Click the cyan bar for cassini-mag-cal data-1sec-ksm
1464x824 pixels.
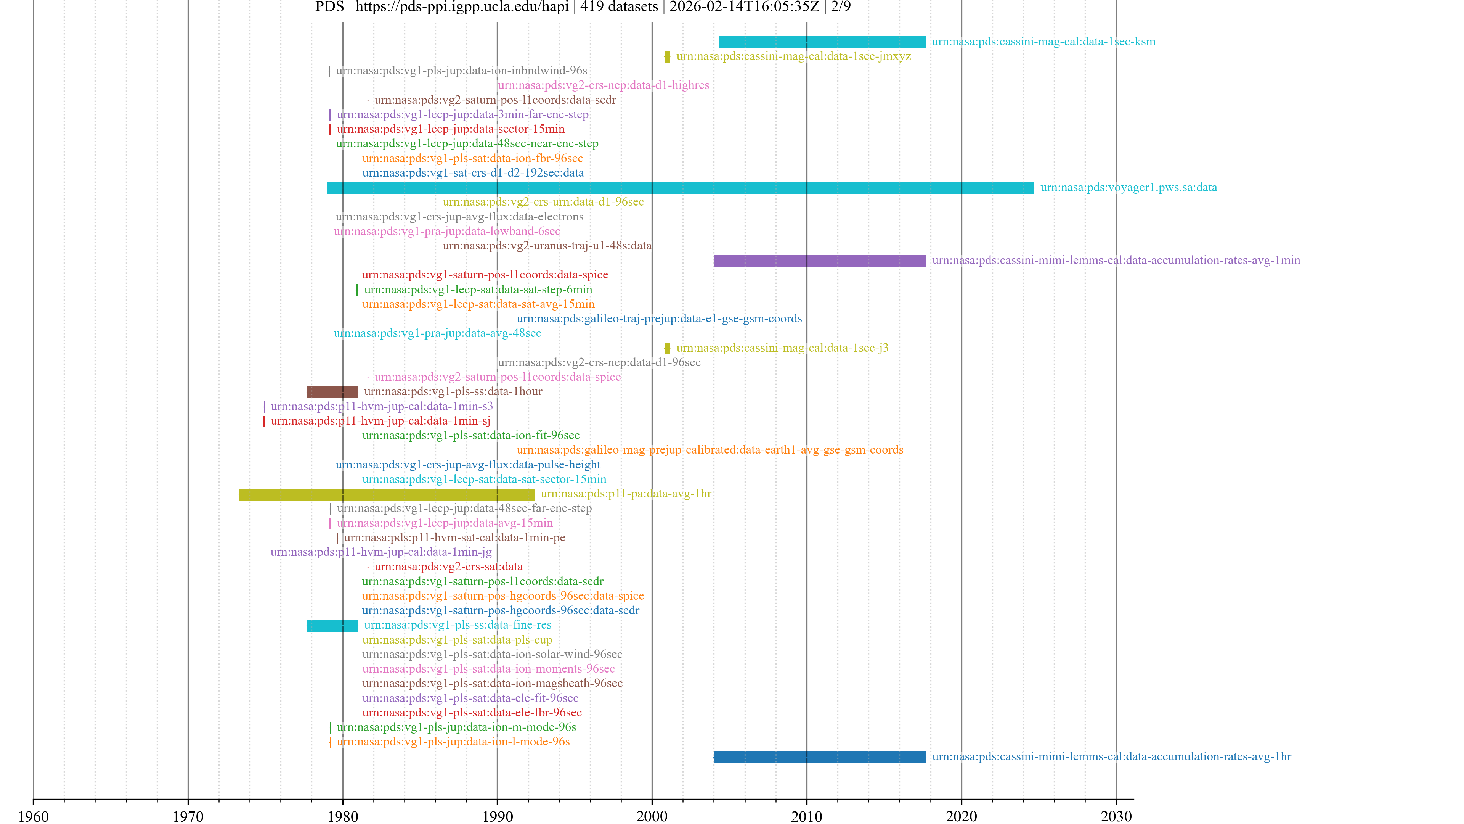(x=822, y=42)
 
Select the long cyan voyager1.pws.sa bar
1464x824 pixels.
(x=680, y=188)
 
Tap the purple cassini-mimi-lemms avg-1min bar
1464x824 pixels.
(x=820, y=261)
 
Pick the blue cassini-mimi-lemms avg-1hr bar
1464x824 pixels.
(x=820, y=757)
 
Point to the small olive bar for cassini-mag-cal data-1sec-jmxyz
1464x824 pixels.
(x=667, y=57)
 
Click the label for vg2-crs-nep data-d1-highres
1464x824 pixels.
(x=604, y=85)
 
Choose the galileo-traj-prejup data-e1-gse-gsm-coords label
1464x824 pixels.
(x=659, y=319)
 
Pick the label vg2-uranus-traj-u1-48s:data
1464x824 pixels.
(x=547, y=246)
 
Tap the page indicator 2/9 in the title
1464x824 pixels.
(x=841, y=7)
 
